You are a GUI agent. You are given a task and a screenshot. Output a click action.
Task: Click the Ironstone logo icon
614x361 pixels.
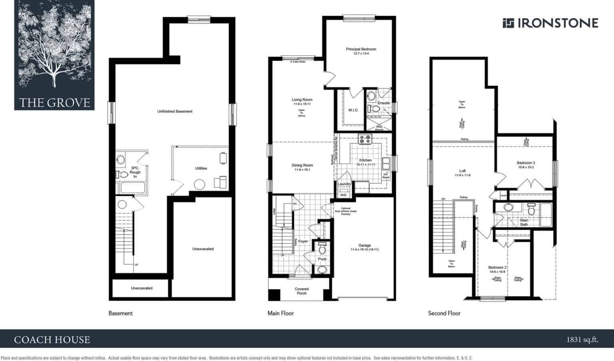508,23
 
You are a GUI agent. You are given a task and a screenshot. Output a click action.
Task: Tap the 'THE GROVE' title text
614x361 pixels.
55,103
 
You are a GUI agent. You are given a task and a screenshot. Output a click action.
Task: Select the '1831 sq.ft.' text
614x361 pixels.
582,340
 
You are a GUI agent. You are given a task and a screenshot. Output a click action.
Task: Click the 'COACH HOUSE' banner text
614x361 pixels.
52,340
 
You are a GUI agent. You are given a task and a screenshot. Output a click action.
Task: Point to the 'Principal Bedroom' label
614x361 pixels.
361,50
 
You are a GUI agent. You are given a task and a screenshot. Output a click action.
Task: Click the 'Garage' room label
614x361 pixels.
365,245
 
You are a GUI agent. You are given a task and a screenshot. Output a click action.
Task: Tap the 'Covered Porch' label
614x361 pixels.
302,291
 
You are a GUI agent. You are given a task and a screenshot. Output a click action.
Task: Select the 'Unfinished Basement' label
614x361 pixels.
175,112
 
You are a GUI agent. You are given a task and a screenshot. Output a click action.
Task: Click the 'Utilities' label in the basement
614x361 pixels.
201,168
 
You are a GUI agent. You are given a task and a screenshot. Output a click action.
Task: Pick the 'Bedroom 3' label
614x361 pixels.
526,163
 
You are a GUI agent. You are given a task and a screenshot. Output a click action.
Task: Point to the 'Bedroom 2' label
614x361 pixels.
497,267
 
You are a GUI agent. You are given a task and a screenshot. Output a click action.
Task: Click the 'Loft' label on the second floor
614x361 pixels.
462,171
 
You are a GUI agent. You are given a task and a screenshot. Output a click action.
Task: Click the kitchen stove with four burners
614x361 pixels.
365,139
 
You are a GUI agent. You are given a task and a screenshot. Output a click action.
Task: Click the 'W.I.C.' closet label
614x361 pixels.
353,110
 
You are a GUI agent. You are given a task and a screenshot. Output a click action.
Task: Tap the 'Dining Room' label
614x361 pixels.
302,166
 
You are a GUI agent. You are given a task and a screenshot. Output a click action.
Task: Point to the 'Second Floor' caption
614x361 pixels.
444,313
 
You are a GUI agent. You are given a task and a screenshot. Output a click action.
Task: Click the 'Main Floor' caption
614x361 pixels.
281,313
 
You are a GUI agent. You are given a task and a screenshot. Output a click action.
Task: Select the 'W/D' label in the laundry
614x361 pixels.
343,195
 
